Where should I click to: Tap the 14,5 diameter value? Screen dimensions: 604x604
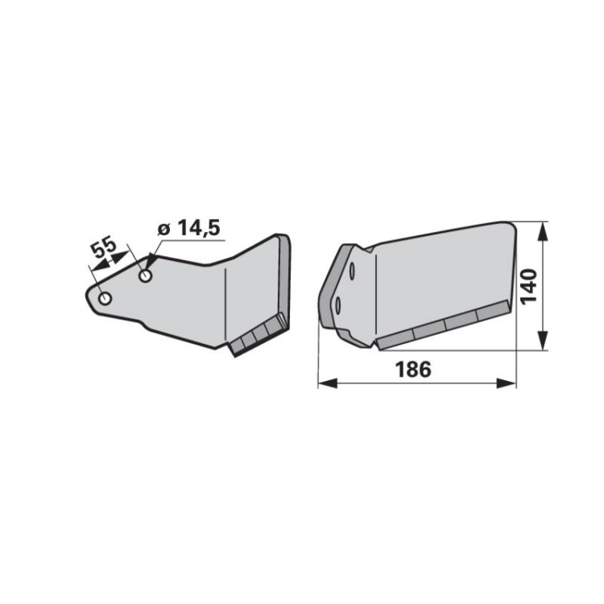pyautogui.click(x=199, y=228)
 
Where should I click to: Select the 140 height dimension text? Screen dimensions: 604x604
pyautogui.click(x=529, y=286)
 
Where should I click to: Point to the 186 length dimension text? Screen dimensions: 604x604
pyautogui.click(x=413, y=369)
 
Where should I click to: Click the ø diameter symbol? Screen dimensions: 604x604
pyautogui.click(x=164, y=230)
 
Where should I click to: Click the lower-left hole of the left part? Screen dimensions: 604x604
pyautogui.click(x=105, y=298)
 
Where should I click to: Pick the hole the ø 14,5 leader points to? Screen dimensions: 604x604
pyautogui.click(x=145, y=275)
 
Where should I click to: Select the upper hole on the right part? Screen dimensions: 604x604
pyautogui.click(x=352, y=271)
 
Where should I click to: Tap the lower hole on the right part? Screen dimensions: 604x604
pyautogui.click(x=337, y=306)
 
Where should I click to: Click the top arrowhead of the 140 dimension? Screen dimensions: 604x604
pyautogui.click(x=542, y=232)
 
